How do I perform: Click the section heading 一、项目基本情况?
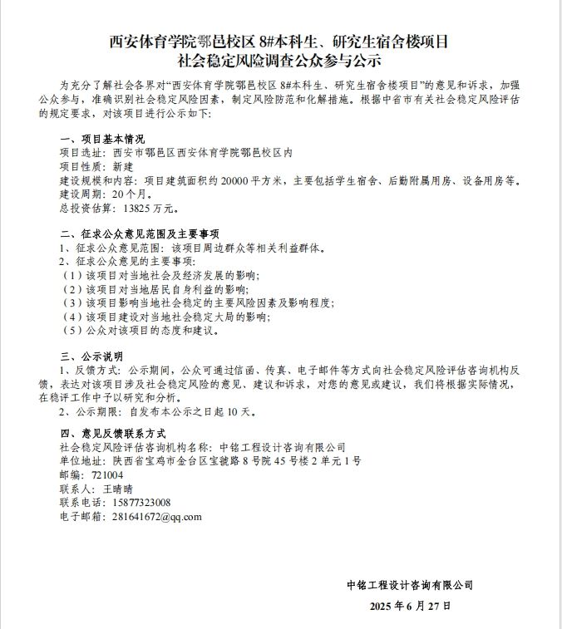[x=102, y=139]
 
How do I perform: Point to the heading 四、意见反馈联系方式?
[x=114, y=434]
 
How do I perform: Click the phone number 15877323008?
[x=137, y=503]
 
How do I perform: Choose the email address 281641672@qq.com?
[x=153, y=516]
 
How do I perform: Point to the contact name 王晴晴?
[x=121, y=489]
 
